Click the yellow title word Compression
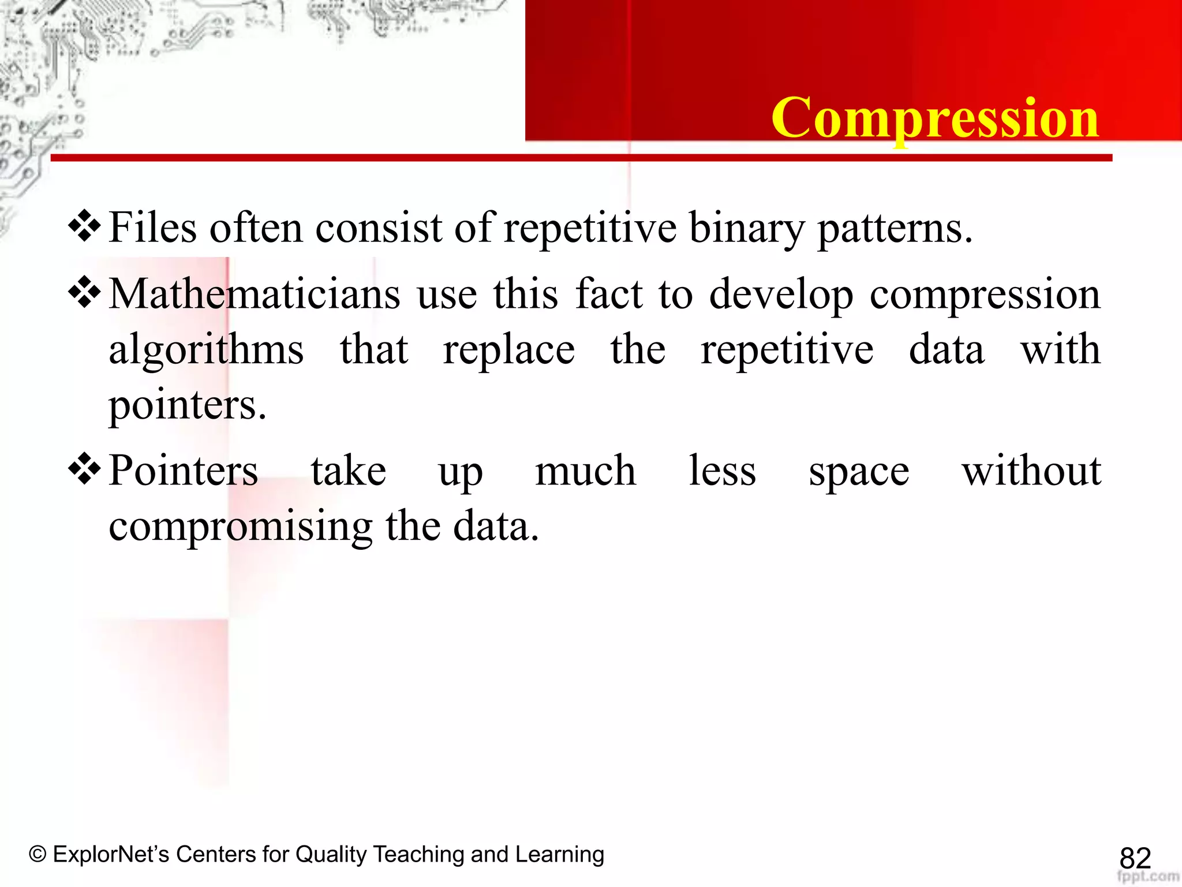[935, 118]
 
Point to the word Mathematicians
[254, 294]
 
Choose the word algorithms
[206, 351]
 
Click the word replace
[508, 351]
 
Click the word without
[1031, 471]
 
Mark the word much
[585, 471]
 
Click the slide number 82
[1135, 858]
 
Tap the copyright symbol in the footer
[38, 854]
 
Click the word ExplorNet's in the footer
[111, 854]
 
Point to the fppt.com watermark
[1148, 877]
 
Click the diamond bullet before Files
[85, 226]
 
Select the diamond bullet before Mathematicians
[85, 293]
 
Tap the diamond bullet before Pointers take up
[85, 469]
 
